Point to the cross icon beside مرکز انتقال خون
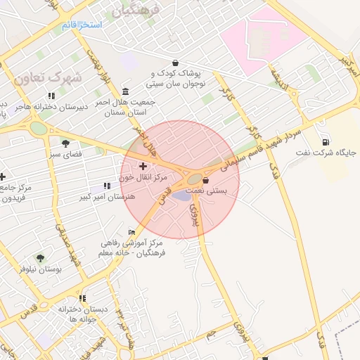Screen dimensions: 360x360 point(143,167)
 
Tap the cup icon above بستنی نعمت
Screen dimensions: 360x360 point(205,181)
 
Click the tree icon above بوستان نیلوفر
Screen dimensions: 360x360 point(39,258)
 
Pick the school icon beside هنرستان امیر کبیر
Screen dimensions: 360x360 point(107,186)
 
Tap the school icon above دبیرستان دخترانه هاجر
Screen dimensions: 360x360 point(51,96)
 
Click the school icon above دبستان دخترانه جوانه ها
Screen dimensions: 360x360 point(83,298)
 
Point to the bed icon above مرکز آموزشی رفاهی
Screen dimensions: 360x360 point(132,233)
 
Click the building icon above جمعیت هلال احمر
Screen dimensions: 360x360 point(125,91)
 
